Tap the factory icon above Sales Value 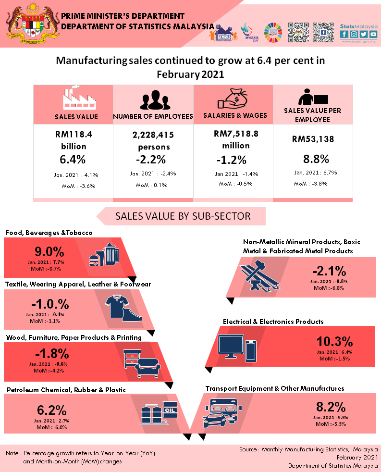pyautogui.click(x=76, y=99)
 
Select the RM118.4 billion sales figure pyautogui.click(x=74, y=140)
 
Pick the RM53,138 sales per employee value pyautogui.click(x=313, y=139)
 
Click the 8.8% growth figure pyautogui.click(x=316, y=159)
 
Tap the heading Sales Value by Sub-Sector pyautogui.click(x=183, y=216)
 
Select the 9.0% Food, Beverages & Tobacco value pyautogui.click(x=49, y=251)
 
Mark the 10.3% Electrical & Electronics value pyautogui.click(x=334, y=341)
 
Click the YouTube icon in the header pyautogui.click(x=373, y=34)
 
